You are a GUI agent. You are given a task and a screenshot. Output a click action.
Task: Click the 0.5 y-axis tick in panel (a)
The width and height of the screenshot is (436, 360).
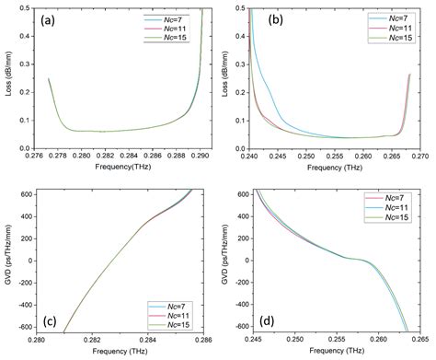28,8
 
